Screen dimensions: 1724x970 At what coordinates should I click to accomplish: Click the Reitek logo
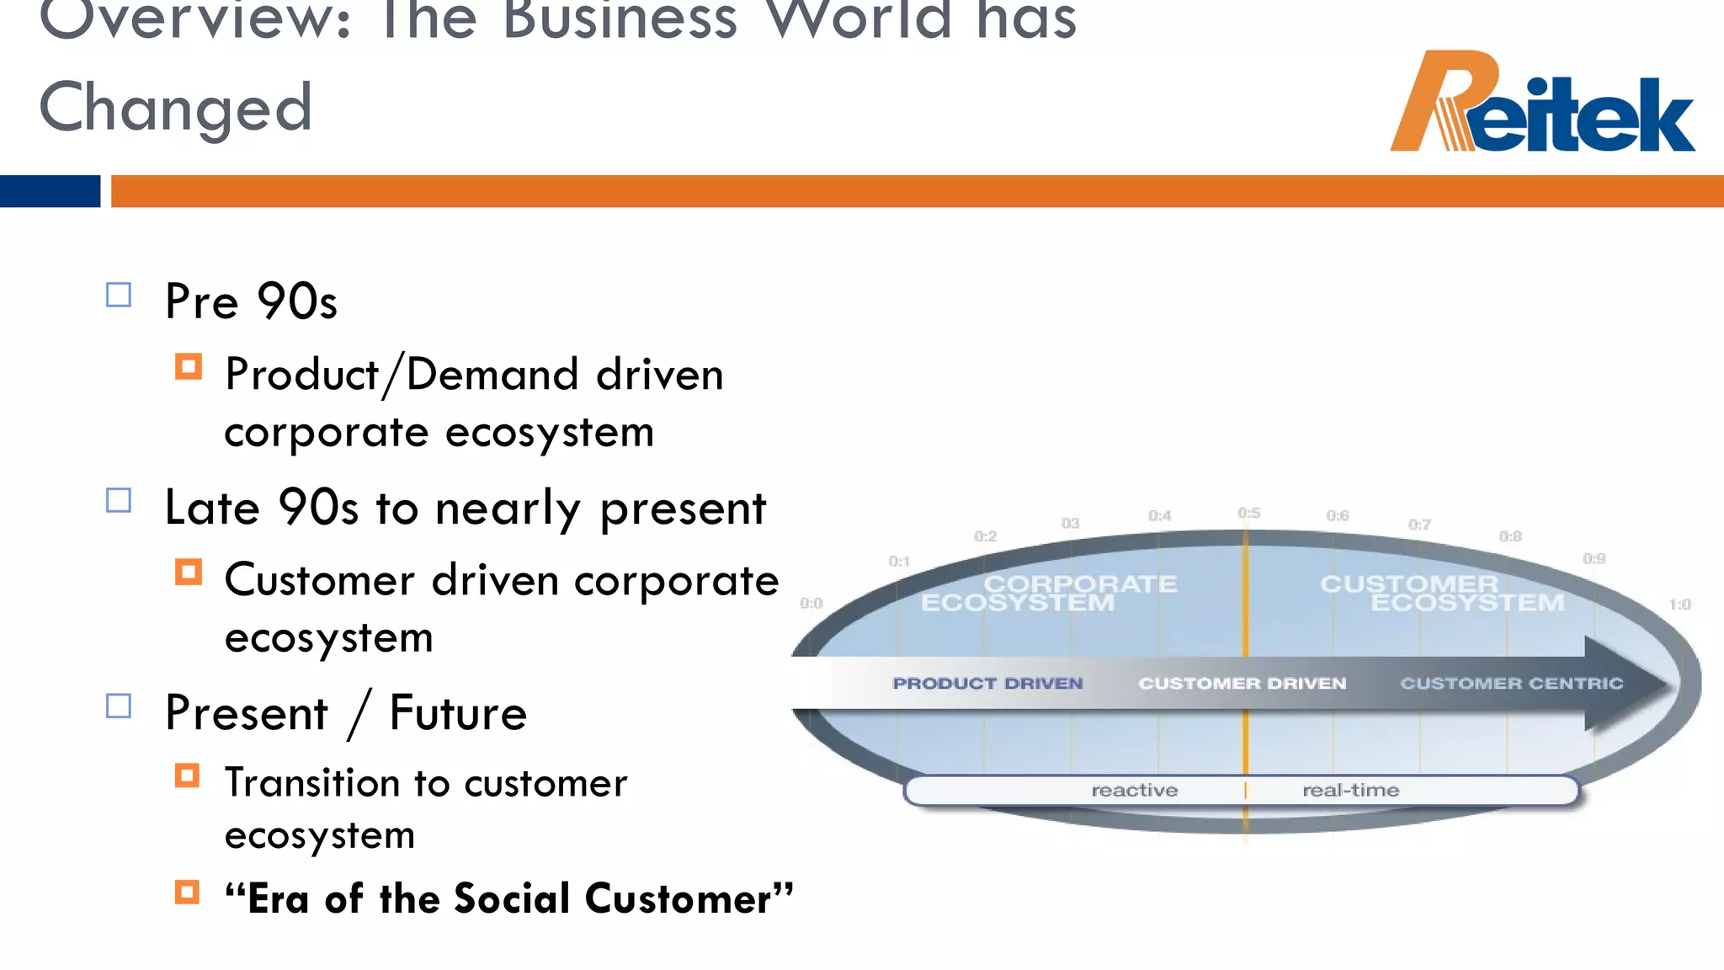tap(1542, 103)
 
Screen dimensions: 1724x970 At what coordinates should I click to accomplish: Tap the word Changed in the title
tap(175, 108)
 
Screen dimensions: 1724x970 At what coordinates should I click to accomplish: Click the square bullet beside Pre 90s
tap(119, 296)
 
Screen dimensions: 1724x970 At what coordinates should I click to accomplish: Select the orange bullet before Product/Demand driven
tap(189, 367)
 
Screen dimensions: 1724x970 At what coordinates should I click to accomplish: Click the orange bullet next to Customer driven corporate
tap(189, 573)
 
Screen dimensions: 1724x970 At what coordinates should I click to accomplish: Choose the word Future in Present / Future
tap(458, 713)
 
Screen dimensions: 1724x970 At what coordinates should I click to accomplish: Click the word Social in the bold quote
tap(513, 898)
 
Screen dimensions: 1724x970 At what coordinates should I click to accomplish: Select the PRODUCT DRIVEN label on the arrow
tap(987, 684)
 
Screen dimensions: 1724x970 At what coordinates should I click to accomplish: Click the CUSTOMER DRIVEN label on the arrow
tap(1242, 684)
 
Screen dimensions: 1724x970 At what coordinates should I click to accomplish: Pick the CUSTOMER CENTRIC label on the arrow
tap(1512, 684)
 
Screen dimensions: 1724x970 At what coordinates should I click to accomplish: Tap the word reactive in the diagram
tap(1135, 791)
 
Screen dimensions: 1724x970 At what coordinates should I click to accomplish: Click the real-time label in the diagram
tap(1350, 791)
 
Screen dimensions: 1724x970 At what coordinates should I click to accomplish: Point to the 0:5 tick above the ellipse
tap(1249, 513)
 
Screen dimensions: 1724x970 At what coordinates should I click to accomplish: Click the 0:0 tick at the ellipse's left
tap(811, 603)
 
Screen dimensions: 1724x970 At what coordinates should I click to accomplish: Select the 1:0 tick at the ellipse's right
tap(1680, 605)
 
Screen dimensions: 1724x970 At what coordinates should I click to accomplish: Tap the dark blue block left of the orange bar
tap(50, 191)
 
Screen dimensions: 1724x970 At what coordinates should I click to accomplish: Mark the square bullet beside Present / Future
tap(119, 706)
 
